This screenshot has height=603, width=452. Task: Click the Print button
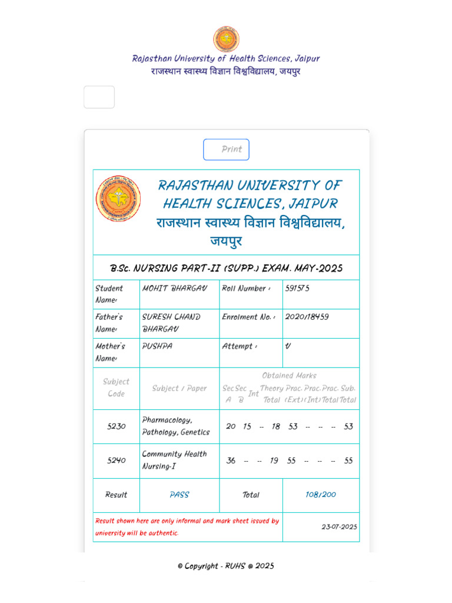pyautogui.click(x=226, y=150)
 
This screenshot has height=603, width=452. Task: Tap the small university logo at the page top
pyautogui.click(x=226, y=39)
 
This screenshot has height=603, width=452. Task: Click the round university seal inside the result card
pyautogui.click(x=118, y=199)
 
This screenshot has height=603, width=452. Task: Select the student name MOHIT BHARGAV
pyautogui.click(x=174, y=289)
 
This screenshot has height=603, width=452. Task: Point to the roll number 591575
pyautogui.click(x=297, y=289)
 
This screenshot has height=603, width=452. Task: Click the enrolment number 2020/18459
pyautogui.click(x=307, y=317)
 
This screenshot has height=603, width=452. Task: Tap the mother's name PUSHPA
pyautogui.click(x=157, y=346)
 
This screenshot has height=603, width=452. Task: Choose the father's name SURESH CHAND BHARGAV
pyautogui.click(x=171, y=323)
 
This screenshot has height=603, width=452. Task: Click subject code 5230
pyautogui.click(x=116, y=426)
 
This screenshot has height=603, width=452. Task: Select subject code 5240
pyautogui.click(x=116, y=460)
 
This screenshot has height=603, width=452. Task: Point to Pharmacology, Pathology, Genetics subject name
pyautogui.click(x=175, y=426)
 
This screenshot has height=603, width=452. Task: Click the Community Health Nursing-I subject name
pyautogui.click(x=174, y=460)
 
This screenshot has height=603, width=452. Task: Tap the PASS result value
pyautogui.click(x=179, y=495)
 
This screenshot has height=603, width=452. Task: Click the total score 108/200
pyautogui.click(x=320, y=495)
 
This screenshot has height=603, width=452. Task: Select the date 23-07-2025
pyautogui.click(x=339, y=527)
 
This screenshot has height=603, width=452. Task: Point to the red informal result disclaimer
pyautogui.click(x=187, y=527)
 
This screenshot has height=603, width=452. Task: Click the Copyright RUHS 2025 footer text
pyautogui.click(x=226, y=566)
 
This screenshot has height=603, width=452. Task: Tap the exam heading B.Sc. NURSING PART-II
pyautogui.click(x=226, y=269)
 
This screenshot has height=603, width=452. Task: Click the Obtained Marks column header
pyautogui.click(x=289, y=376)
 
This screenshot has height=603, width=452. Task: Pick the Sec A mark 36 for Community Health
pyautogui.click(x=231, y=460)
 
